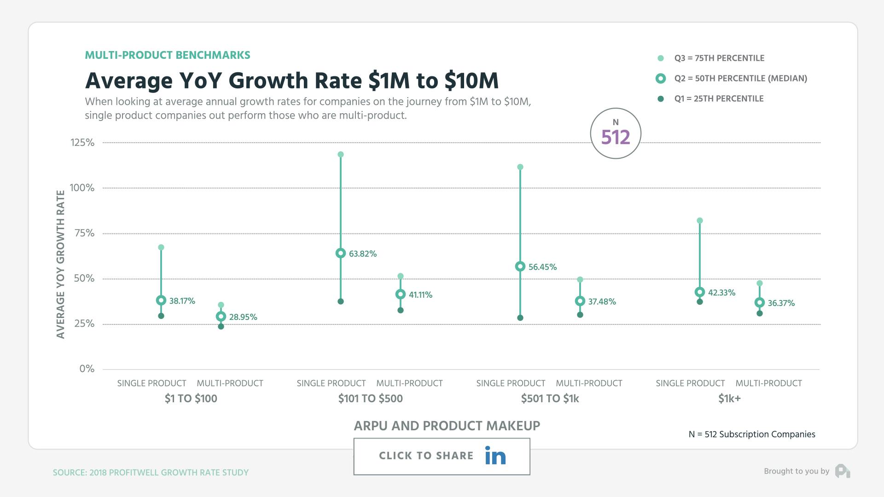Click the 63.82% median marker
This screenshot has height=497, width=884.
[x=341, y=253]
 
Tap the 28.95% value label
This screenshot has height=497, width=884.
[x=243, y=317]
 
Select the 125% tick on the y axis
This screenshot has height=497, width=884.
[x=82, y=143]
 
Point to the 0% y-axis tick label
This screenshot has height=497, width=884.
[x=87, y=369]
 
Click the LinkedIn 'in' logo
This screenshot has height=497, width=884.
[x=495, y=456]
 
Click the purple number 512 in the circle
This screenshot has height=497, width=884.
[x=616, y=137]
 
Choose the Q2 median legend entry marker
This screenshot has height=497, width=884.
[x=661, y=79]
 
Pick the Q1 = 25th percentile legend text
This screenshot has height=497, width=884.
[x=719, y=99]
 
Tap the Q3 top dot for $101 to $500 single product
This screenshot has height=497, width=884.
[x=341, y=155]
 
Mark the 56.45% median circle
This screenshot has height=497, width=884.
[x=520, y=266]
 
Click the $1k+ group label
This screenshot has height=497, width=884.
[x=729, y=399]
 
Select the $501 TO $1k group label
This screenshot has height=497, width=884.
[x=550, y=399]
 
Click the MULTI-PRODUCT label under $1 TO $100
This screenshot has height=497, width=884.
[x=230, y=383]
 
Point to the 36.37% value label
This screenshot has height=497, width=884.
[x=781, y=303]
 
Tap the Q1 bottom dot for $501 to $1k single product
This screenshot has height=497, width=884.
[x=520, y=318]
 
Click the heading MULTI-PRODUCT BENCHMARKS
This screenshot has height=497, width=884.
[x=168, y=55]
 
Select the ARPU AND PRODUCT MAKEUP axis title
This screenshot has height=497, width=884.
[x=447, y=426]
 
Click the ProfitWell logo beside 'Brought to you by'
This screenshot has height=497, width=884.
[x=843, y=471]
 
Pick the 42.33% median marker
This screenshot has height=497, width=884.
[x=700, y=292]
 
